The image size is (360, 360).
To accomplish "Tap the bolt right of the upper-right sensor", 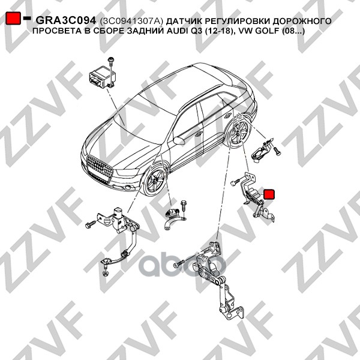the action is [x=277, y=154].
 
